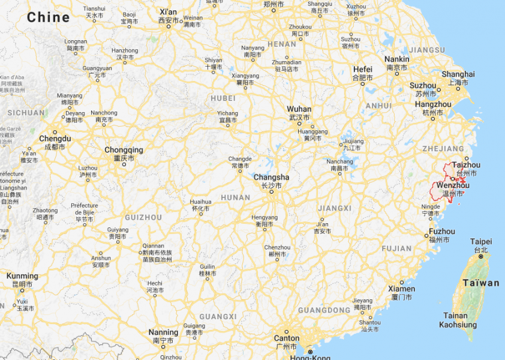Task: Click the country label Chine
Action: [49, 17]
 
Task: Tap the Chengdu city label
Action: [55, 139]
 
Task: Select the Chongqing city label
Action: [124, 150]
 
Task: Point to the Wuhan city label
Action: [299, 109]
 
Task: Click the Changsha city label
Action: [271, 178]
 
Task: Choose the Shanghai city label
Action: [458, 74]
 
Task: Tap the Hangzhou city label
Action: [432, 104]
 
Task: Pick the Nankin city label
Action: [396, 59]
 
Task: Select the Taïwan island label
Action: [481, 283]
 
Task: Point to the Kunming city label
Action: [22, 276]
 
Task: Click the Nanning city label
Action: [163, 332]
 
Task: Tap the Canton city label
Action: [286, 338]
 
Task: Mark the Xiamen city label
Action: [401, 289]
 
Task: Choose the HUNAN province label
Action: [235, 197]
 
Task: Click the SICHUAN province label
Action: [26, 112]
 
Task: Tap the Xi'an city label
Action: [169, 12]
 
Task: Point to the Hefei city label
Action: [362, 70]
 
